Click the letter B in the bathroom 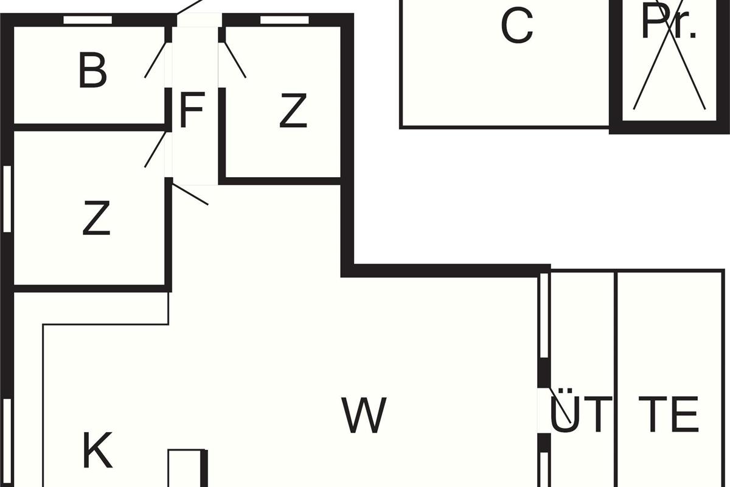coord(93,71)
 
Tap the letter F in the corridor coord(191,111)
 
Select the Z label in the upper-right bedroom coord(293,111)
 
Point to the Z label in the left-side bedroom coord(96,219)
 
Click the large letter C coord(517,26)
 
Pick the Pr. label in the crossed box coord(669,24)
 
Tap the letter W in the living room coord(364,416)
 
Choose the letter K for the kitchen coord(97,451)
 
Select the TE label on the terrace coord(668,414)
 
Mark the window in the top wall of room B coord(88,20)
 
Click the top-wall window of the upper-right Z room coord(284,20)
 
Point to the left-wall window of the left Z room coord(7,199)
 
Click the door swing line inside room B coord(155,60)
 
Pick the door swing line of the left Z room coord(155,149)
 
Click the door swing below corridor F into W coord(190,194)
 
